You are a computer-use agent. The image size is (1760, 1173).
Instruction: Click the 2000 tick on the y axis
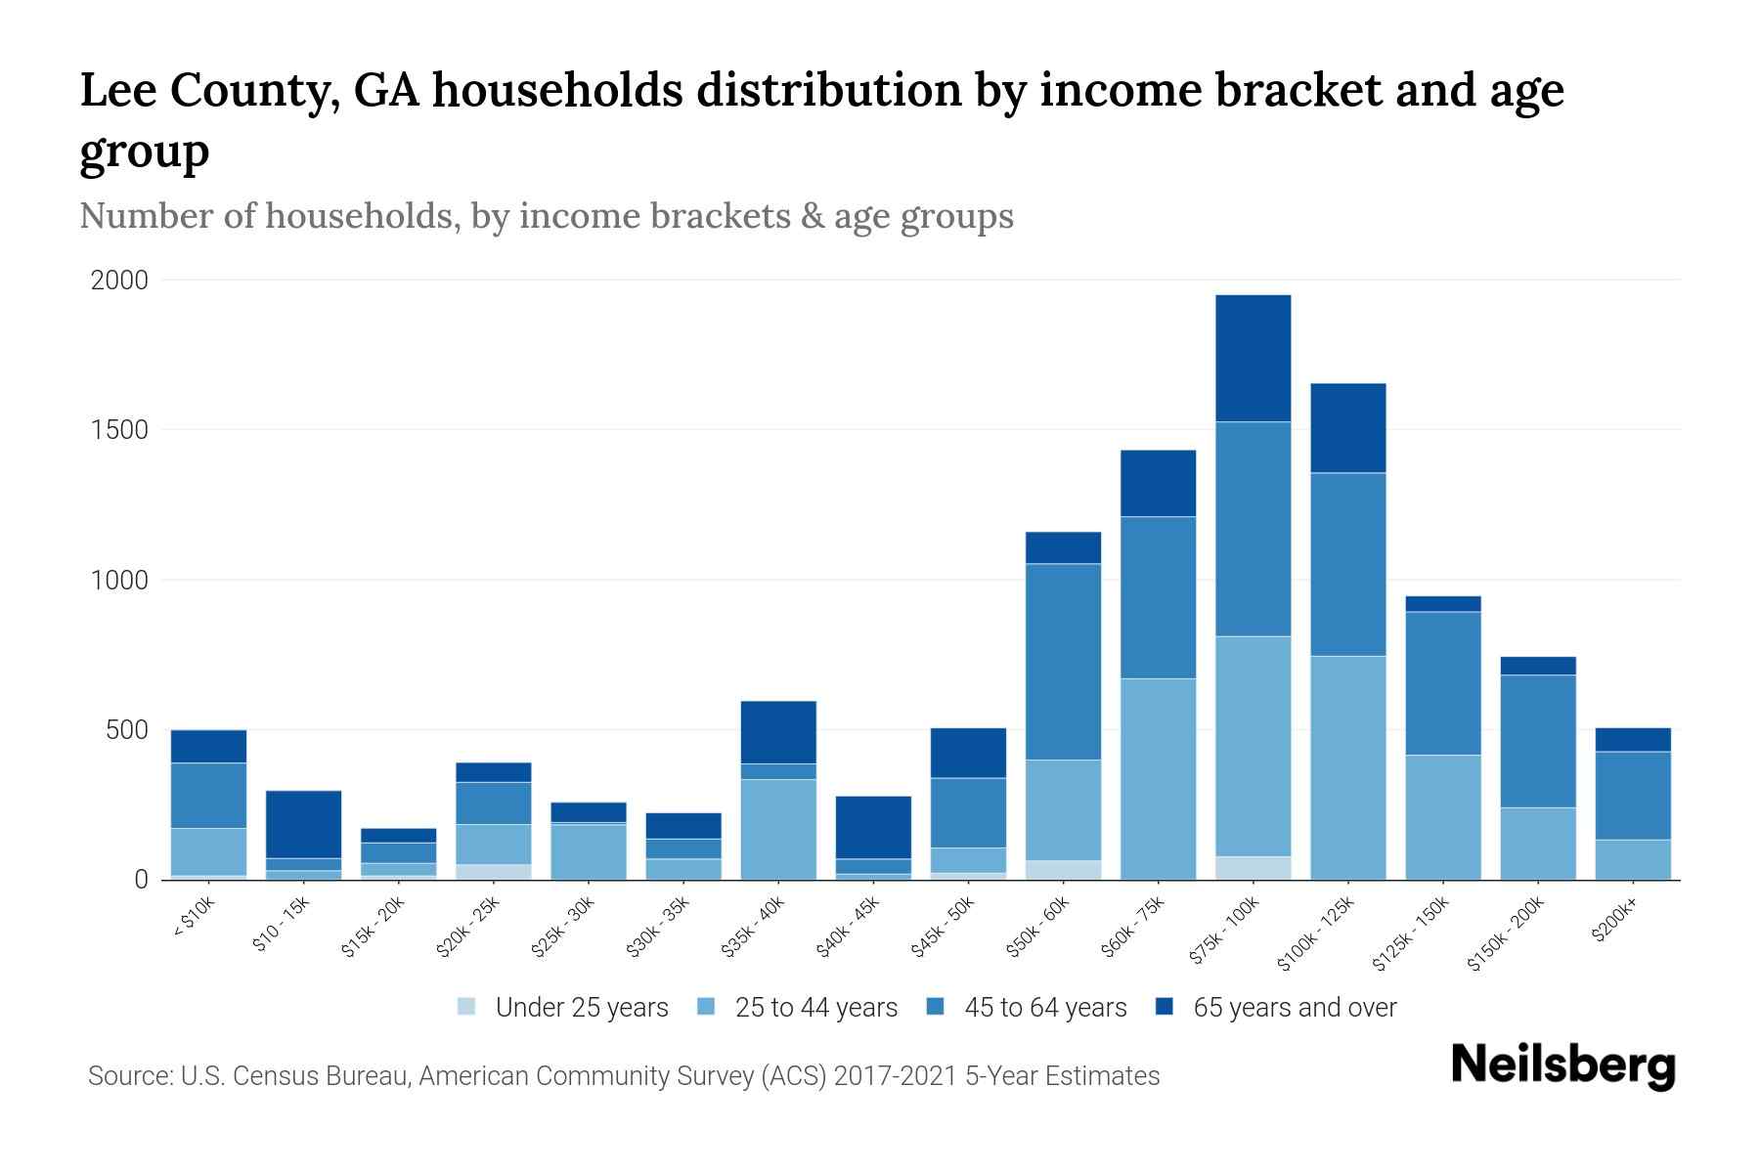coord(119,282)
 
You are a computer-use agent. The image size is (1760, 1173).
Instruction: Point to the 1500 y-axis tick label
coord(119,431)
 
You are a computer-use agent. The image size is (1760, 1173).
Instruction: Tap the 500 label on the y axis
coord(128,731)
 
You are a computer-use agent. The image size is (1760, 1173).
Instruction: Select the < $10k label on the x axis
coord(195,920)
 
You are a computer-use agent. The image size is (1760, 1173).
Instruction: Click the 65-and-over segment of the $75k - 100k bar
coord(1254,358)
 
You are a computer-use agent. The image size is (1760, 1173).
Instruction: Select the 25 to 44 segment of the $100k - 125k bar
coord(1348,767)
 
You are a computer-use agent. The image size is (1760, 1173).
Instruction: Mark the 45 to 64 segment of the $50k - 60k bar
coord(1063,662)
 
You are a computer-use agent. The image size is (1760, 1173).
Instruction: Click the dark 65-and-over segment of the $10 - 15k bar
coord(303,824)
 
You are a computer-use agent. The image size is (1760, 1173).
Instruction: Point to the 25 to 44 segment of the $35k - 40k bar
coord(778,829)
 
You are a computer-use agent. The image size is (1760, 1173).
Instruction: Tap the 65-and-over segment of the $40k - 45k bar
coord(873,827)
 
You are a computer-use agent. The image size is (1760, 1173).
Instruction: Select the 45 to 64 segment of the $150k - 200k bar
coord(1538,741)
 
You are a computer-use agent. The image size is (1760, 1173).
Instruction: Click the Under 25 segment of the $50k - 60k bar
coord(1063,870)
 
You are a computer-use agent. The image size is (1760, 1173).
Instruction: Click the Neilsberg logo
coord(1562,1065)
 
